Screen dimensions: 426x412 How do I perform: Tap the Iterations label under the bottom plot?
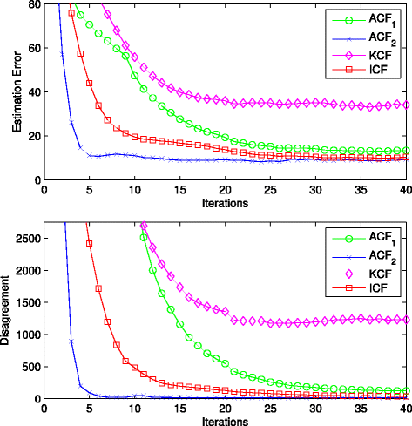click(x=222, y=420)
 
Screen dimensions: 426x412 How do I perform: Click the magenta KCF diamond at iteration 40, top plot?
click(x=406, y=105)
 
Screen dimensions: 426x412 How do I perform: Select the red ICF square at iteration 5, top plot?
click(x=89, y=84)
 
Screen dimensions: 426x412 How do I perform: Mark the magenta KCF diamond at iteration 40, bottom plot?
click(x=406, y=320)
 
